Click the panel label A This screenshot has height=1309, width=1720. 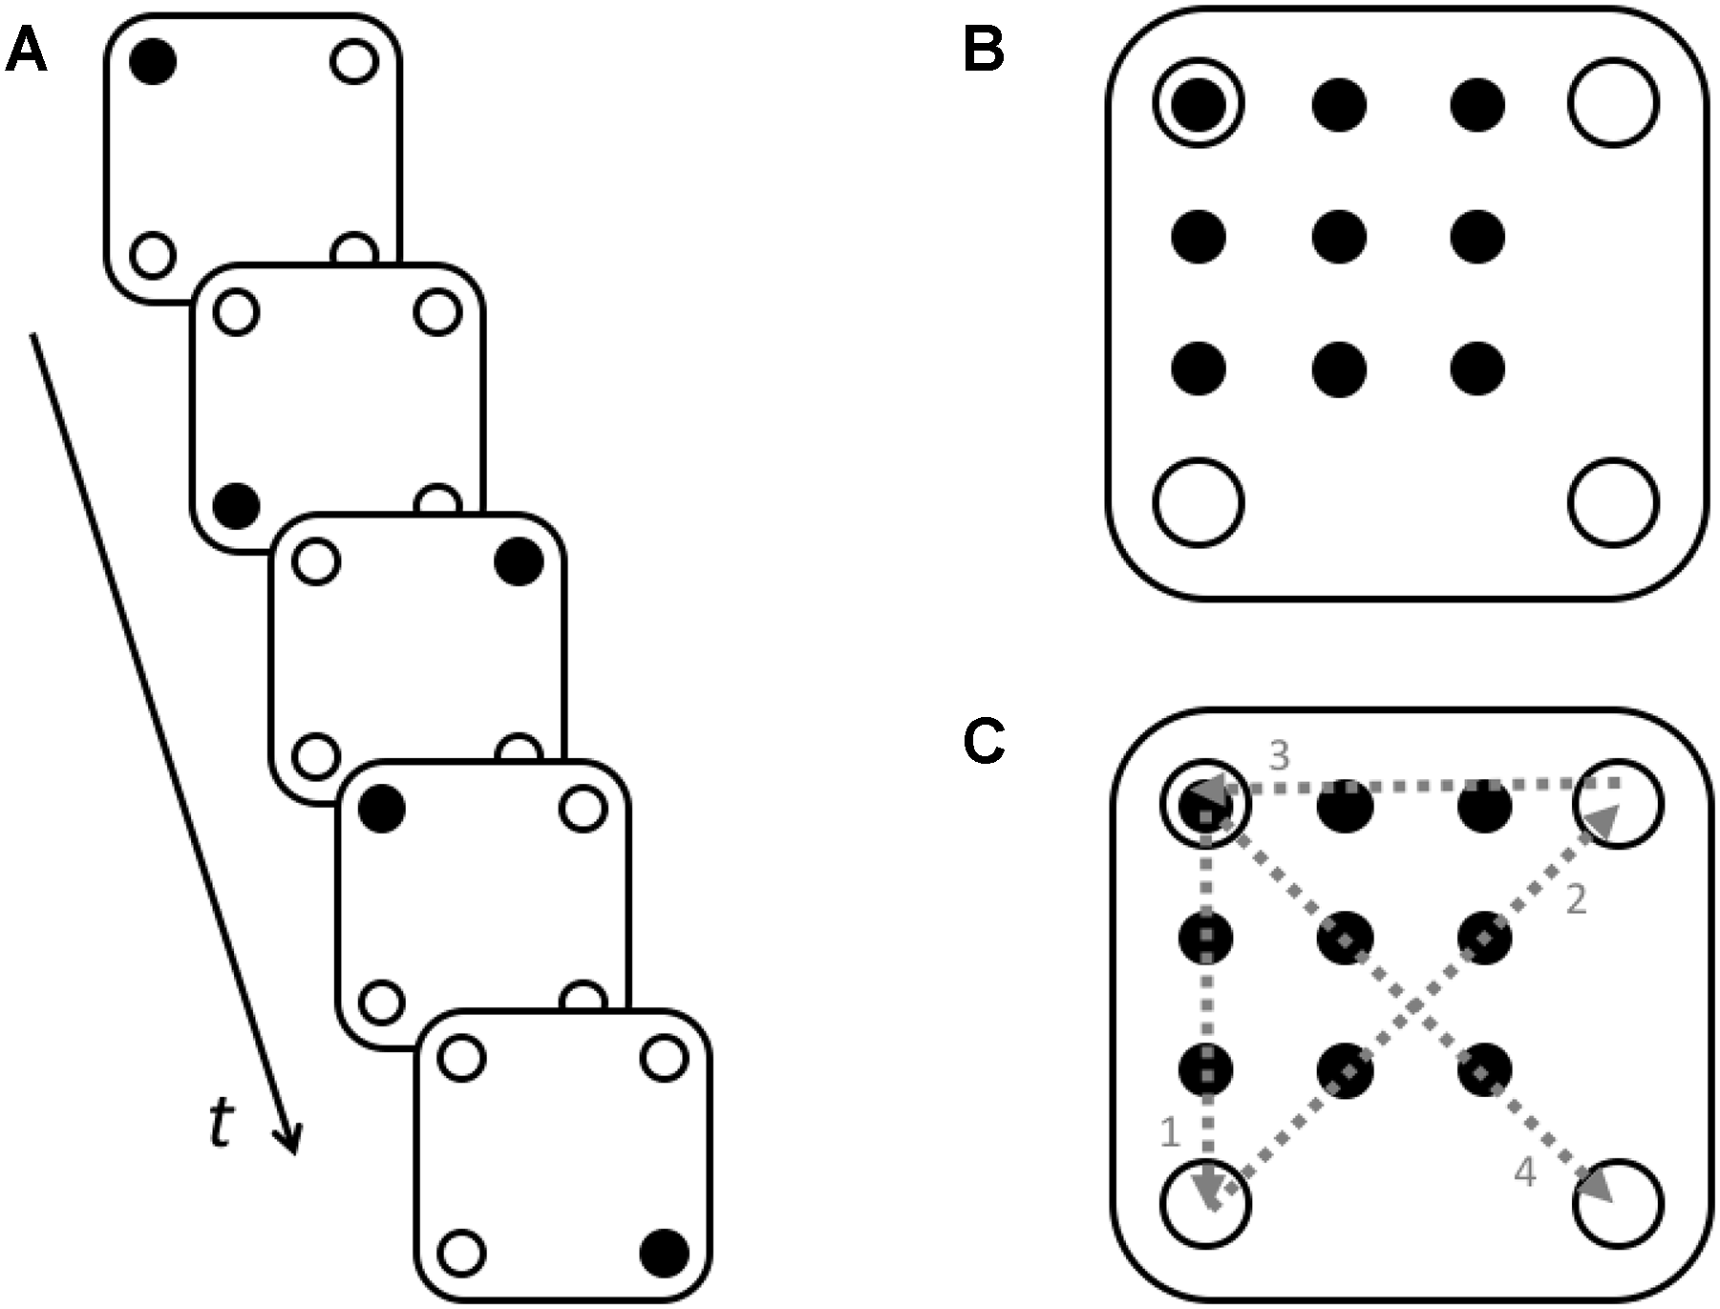(x=26, y=51)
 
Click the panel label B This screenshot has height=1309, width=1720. (x=983, y=51)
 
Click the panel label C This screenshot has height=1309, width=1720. (x=984, y=742)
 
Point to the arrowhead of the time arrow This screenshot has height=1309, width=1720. (x=289, y=1142)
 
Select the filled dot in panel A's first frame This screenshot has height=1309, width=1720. (x=153, y=62)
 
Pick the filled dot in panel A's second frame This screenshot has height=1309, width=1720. (x=237, y=504)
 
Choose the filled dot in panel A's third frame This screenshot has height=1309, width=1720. (x=519, y=561)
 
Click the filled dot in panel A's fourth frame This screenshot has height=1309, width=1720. (x=382, y=810)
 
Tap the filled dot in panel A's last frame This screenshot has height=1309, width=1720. (x=664, y=1251)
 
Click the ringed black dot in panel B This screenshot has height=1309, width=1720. (x=1199, y=102)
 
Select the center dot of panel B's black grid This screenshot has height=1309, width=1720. (x=1339, y=236)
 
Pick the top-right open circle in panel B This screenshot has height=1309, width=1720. (x=1613, y=102)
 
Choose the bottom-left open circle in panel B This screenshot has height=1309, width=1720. (x=1199, y=502)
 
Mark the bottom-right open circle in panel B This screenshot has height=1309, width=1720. (x=1613, y=502)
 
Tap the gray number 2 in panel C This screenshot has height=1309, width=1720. (x=1576, y=899)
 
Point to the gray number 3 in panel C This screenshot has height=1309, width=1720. (x=1279, y=755)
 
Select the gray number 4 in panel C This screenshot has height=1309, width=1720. (x=1525, y=1172)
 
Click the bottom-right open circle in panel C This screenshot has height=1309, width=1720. (x=1618, y=1204)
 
